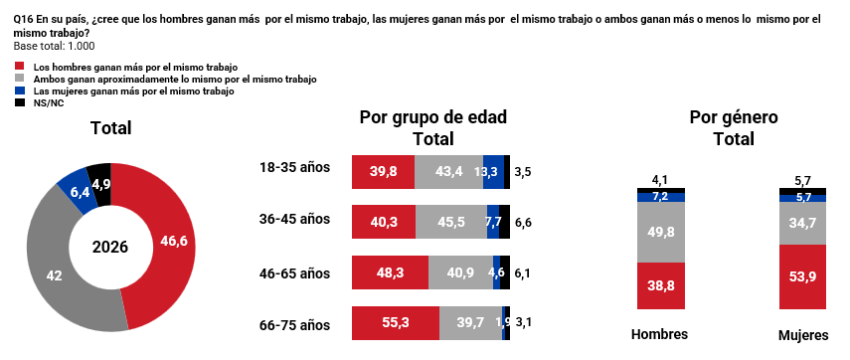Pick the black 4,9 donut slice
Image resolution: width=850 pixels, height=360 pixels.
point(100,182)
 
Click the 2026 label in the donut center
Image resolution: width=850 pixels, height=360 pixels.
point(110,248)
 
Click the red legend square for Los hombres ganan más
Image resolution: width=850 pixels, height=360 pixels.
point(20,68)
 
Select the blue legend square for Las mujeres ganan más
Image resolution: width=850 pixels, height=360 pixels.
point(20,91)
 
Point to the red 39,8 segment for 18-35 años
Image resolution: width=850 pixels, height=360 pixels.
point(384,172)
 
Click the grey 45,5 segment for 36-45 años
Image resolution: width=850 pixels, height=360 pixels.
point(451,222)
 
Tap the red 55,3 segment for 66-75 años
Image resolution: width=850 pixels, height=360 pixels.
point(396,323)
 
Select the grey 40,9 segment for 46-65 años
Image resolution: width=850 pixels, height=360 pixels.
point(460,272)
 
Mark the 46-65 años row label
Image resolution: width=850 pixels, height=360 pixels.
point(295,273)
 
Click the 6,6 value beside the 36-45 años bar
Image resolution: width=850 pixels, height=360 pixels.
point(523,223)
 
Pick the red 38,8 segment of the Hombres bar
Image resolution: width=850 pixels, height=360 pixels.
point(661,285)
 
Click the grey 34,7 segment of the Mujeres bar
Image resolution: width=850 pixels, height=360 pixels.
point(803,223)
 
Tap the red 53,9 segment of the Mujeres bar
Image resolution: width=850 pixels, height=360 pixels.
point(803,276)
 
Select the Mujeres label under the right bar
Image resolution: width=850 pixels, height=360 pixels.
point(803,335)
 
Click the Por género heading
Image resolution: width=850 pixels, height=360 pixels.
point(734,117)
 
